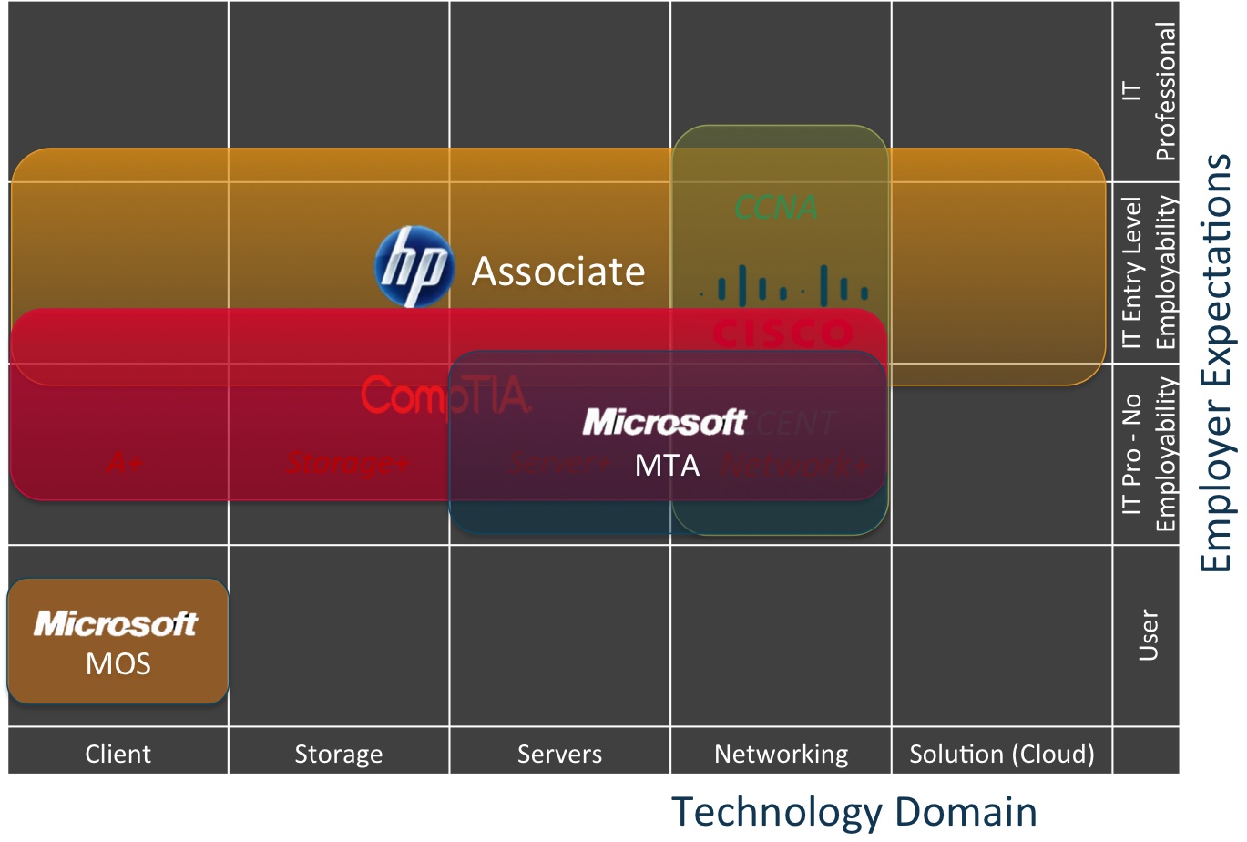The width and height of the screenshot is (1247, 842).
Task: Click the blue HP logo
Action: coord(414,267)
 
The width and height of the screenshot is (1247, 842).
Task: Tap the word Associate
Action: coord(557,272)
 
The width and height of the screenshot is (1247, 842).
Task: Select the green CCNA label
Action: coord(776,208)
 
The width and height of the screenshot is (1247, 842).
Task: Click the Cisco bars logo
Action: coord(783,284)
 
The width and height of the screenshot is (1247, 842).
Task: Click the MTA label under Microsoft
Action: coord(667,466)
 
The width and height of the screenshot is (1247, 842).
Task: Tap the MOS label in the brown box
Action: coord(118,663)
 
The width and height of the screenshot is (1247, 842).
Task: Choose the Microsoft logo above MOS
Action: coord(116,624)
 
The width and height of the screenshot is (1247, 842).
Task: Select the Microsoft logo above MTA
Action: coord(664,422)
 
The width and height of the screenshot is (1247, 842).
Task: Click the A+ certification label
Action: coord(124,463)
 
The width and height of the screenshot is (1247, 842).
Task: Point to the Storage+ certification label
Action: coord(347,463)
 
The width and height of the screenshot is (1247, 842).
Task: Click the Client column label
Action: coord(118,754)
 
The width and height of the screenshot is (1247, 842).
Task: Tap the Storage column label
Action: coord(338,754)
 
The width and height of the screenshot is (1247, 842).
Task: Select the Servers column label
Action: coord(559,754)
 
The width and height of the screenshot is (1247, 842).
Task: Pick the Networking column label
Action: coord(781,754)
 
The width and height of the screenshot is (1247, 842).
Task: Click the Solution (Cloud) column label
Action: coord(1002,754)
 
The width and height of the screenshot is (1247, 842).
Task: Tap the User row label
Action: coord(1148,635)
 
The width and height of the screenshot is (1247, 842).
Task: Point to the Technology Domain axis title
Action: coord(853,812)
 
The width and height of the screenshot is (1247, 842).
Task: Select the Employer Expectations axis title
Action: coord(1216,363)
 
